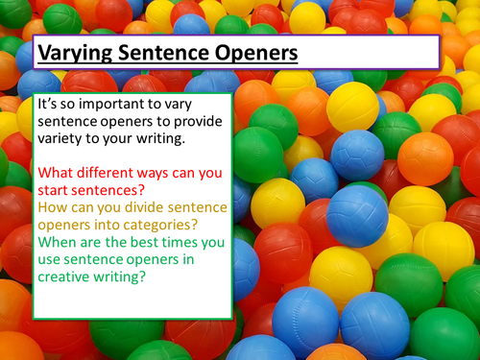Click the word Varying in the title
coord(74,53)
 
